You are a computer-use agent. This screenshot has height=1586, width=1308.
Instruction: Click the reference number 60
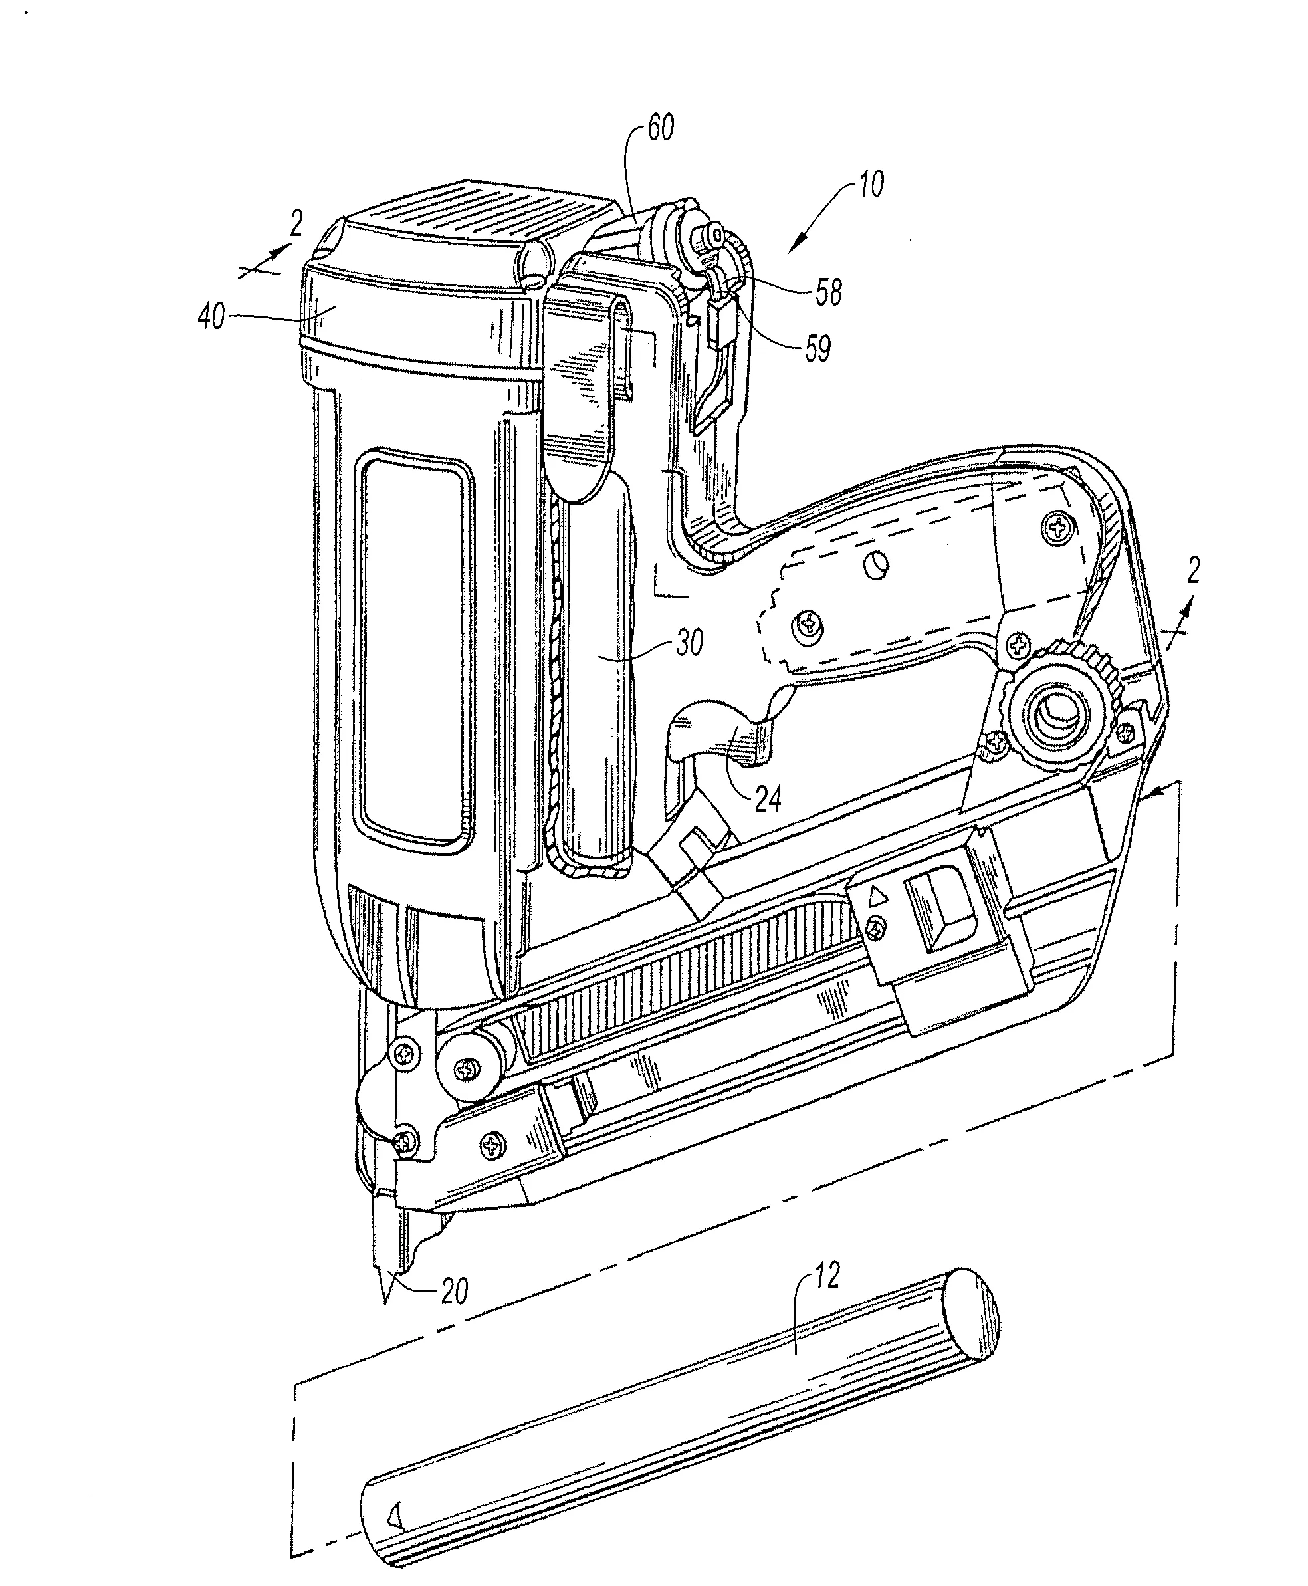660,128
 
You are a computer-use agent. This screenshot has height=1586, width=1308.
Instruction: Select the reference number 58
828,292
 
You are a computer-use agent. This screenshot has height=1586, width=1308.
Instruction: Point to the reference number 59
817,348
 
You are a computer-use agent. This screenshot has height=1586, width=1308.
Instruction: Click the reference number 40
212,317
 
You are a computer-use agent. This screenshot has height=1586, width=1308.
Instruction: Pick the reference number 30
689,642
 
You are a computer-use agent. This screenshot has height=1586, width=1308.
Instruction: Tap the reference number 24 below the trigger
768,799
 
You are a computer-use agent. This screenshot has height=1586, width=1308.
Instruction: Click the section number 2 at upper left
296,224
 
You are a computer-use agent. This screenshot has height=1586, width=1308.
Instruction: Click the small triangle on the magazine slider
875,897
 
